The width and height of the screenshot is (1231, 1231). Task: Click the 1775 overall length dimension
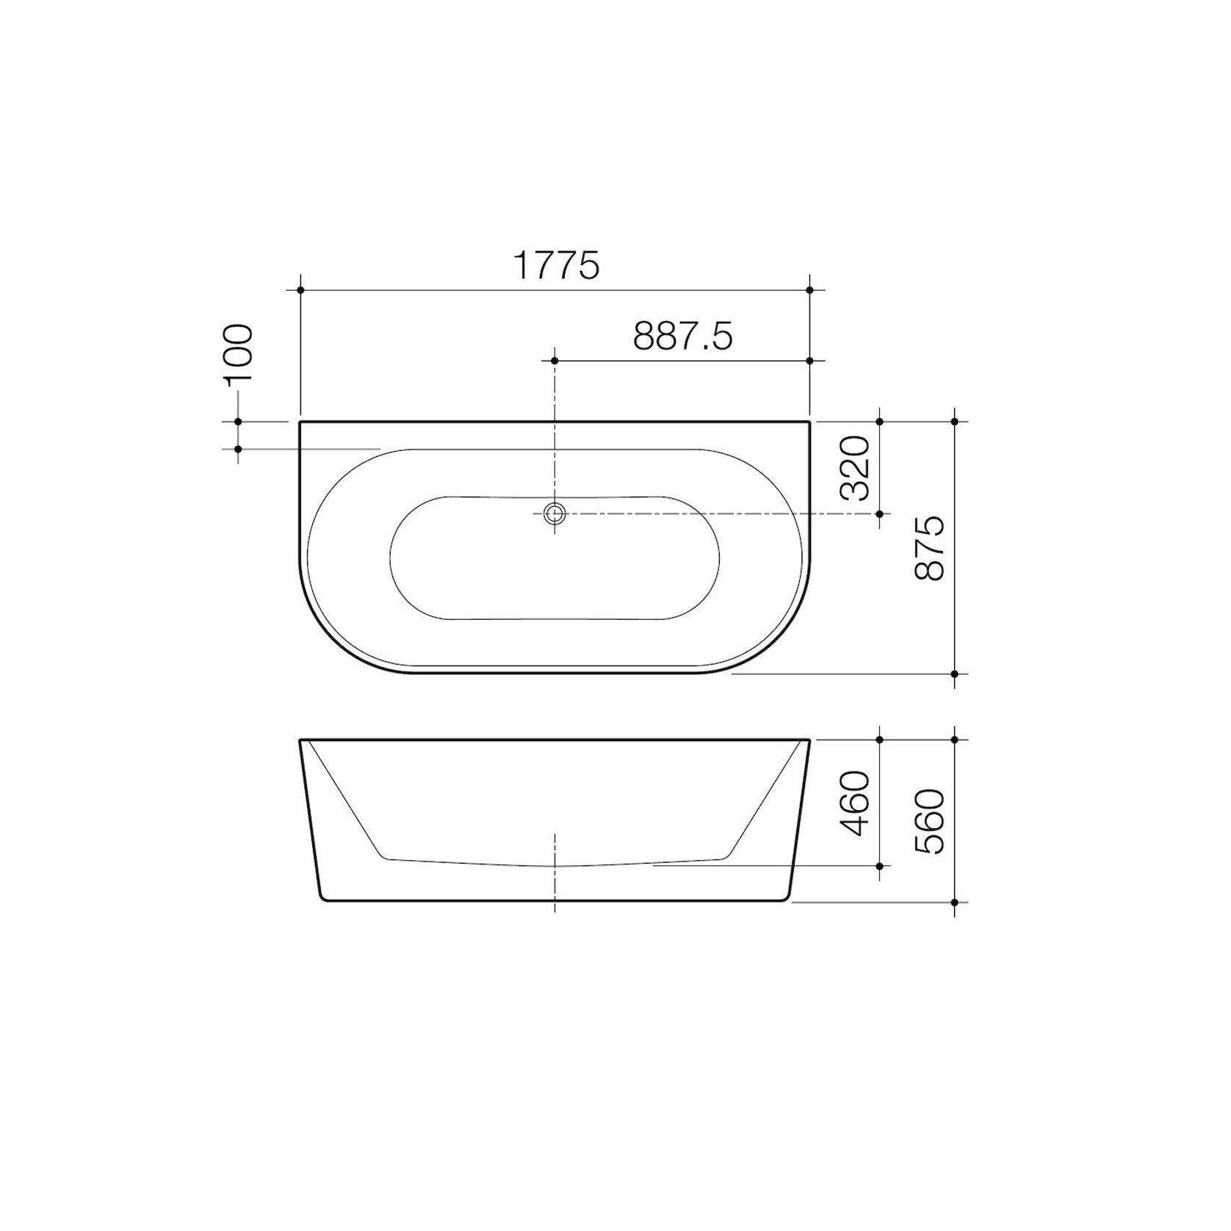pyautogui.click(x=556, y=266)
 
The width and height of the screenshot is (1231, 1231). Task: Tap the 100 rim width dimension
pyautogui.click(x=239, y=354)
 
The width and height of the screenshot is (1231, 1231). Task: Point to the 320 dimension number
pyautogui.click(x=856, y=468)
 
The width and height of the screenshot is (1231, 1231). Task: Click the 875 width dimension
pyautogui.click(x=930, y=548)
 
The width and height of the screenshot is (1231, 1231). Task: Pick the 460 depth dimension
pyautogui.click(x=856, y=803)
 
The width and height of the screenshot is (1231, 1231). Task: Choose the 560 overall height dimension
pyautogui.click(x=930, y=820)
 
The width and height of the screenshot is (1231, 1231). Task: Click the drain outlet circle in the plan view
pyautogui.click(x=555, y=513)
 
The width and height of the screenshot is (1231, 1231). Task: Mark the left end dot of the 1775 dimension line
pyautogui.click(x=301, y=290)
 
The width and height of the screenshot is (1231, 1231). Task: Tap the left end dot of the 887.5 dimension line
pyautogui.click(x=555, y=361)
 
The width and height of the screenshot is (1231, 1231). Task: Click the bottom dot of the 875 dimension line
pyautogui.click(x=955, y=674)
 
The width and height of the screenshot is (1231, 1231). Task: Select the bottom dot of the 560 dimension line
pyautogui.click(x=955, y=902)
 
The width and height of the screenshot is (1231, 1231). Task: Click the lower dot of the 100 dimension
pyautogui.click(x=239, y=449)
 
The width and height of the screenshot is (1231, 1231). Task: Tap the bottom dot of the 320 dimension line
pyautogui.click(x=880, y=513)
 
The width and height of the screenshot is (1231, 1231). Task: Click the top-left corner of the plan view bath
pyautogui.click(x=301, y=422)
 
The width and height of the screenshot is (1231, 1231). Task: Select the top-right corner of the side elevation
pyautogui.click(x=809, y=740)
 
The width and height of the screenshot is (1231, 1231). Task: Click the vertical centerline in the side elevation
pyautogui.click(x=555, y=874)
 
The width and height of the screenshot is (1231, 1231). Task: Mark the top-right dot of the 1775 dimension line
pyautogui.click(x=809, y=290)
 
